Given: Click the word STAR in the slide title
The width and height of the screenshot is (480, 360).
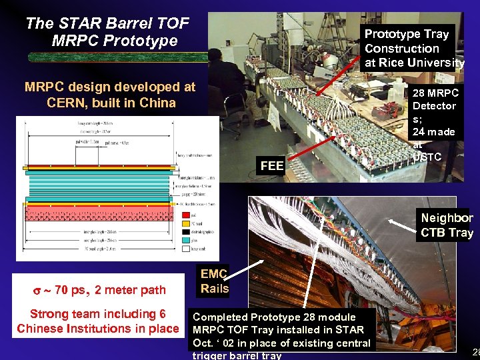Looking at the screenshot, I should [x=73, y=24].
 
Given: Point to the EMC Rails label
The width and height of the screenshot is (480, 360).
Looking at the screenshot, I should [x=214, y=281].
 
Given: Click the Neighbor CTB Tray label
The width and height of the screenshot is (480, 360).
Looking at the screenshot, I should [x=446, y=225].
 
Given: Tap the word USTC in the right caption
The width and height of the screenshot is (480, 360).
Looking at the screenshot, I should [x=427, y=157].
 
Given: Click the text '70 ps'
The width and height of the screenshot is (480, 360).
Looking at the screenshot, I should [x=70, y=290].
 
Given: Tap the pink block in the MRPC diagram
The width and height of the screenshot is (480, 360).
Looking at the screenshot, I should [x=100, y=213].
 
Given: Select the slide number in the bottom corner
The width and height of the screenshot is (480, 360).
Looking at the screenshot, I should [x=475, y=351].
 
